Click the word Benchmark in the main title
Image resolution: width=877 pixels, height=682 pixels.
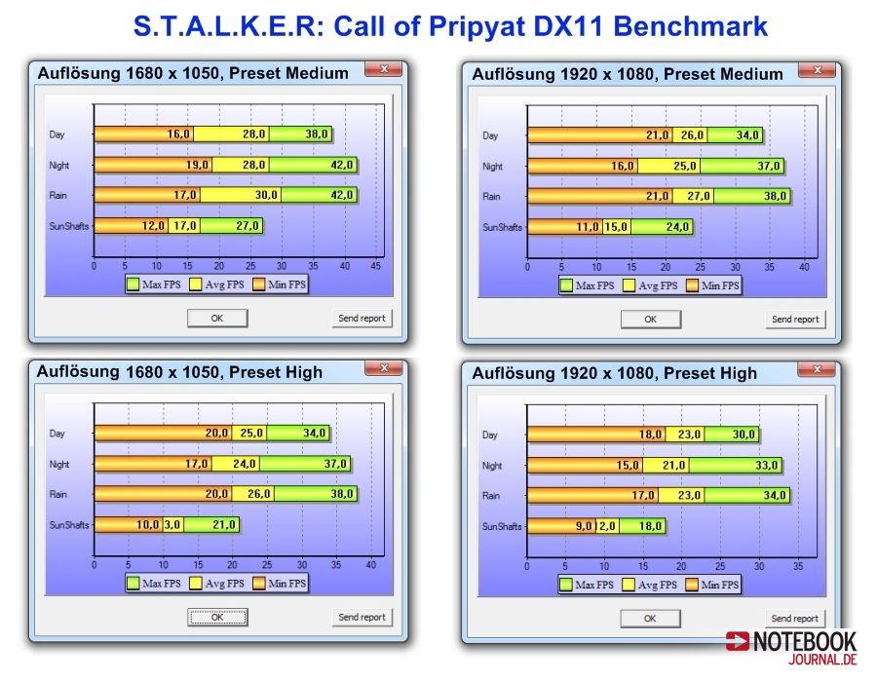690,25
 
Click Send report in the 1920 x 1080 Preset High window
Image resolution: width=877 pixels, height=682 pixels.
794,619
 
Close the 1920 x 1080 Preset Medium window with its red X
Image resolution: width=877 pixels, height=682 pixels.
818,70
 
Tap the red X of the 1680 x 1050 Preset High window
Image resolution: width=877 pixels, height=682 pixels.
384,368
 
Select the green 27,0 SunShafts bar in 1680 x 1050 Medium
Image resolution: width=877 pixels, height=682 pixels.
231,226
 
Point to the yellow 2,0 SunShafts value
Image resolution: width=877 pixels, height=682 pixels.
607,526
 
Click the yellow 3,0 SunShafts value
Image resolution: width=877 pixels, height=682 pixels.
172,525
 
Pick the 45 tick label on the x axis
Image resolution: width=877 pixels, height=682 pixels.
376,266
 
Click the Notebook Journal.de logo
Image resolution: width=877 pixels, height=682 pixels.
791,648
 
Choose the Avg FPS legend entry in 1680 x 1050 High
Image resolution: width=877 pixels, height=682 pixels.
217,584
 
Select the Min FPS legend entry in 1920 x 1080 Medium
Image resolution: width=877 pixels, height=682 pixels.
713,285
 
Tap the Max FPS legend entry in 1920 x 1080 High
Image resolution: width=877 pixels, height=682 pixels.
587,585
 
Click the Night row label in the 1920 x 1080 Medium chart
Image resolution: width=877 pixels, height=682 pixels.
492,166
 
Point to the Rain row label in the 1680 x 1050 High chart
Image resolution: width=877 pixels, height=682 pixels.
58,494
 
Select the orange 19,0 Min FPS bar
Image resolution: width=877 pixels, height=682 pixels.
153,165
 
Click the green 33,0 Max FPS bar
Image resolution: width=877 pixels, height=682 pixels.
735,465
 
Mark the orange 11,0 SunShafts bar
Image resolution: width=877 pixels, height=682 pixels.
565,227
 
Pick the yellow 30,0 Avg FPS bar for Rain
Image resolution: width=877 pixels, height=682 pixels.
241,195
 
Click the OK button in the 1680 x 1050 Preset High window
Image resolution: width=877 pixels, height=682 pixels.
217,617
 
